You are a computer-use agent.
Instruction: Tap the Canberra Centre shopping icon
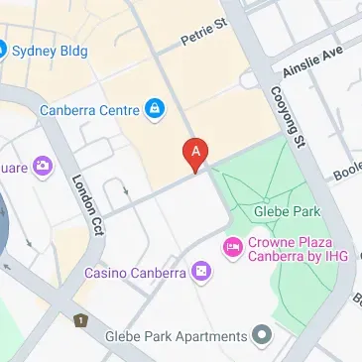(x=154, y=109)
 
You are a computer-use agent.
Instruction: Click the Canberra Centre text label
(x=89, y=109)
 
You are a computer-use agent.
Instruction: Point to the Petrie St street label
(x=204, y=36)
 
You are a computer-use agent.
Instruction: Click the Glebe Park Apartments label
(x=177, y=336)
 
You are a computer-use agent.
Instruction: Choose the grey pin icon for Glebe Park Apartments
(x=261, y=336)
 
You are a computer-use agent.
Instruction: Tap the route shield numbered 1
(x=79, y=320)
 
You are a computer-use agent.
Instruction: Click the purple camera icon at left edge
(x=43, y=165)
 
